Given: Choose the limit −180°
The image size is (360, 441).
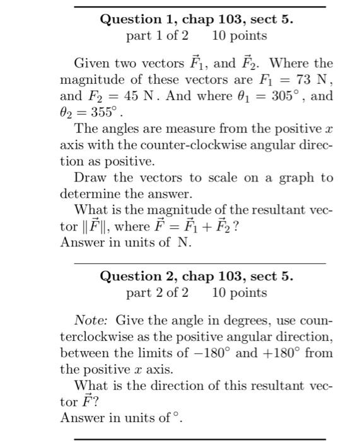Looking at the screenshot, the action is point(211,353).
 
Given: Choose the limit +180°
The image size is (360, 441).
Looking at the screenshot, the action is point(280,353).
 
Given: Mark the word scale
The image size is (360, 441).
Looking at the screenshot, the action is point(218,178).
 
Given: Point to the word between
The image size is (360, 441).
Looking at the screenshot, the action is point(84,353).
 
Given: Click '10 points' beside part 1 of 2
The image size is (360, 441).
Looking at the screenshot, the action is point(240,36).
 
